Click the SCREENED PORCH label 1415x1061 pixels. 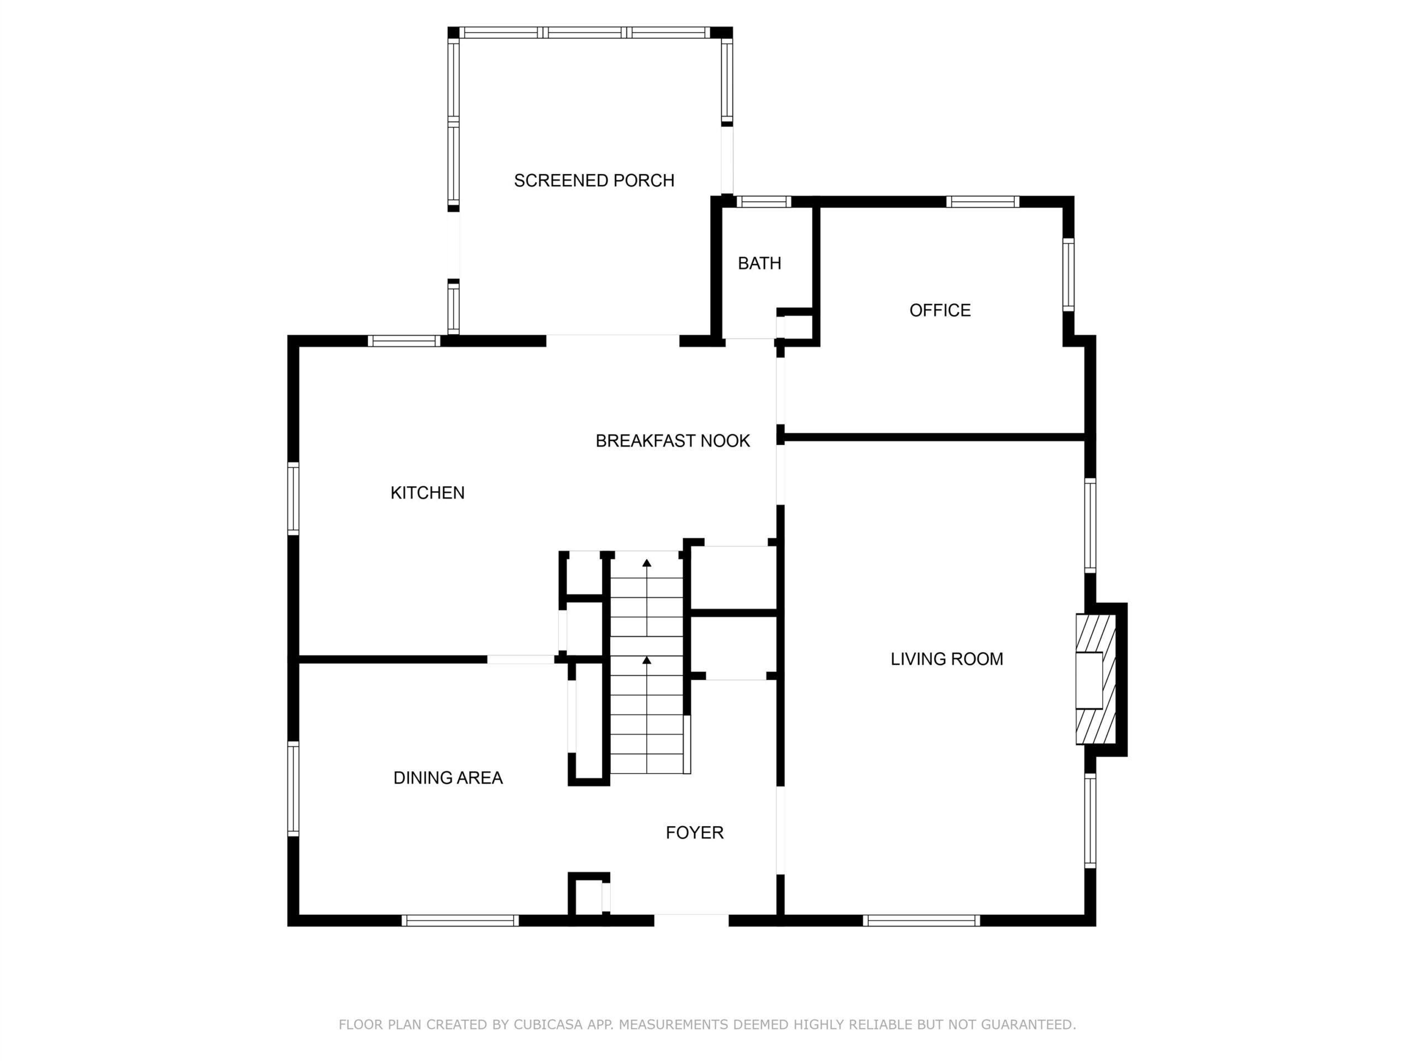click(x=594, y=180)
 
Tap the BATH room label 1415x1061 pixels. click(x=759, y=263)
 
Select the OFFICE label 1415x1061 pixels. click(x=940, y=310)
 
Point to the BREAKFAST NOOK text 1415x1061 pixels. click(x=672, y=440)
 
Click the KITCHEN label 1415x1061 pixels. click(x=427, y=492)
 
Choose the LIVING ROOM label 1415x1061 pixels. click(x=947, y=659)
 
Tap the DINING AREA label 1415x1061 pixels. click(x=448, y=778)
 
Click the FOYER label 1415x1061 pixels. click(x=695, y=833)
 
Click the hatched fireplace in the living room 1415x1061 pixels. click(x=1096, y=679)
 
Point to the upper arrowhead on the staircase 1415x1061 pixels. click(x=647, y=563)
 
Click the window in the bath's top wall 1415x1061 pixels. click(x=764, y=202)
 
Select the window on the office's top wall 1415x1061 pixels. click(x=983, y=202)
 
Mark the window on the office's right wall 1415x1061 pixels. click(x=1068, y=275)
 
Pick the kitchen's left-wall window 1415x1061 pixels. click(x=293, y=498)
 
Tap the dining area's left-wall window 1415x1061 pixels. click(x=293, y=789)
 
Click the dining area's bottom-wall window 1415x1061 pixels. click(x=460, y=920)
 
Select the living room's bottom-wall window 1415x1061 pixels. click(x=921, y=920)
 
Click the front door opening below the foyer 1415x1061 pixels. click(x=691, y=920)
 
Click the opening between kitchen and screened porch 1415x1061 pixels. click(x=612, y=340)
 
